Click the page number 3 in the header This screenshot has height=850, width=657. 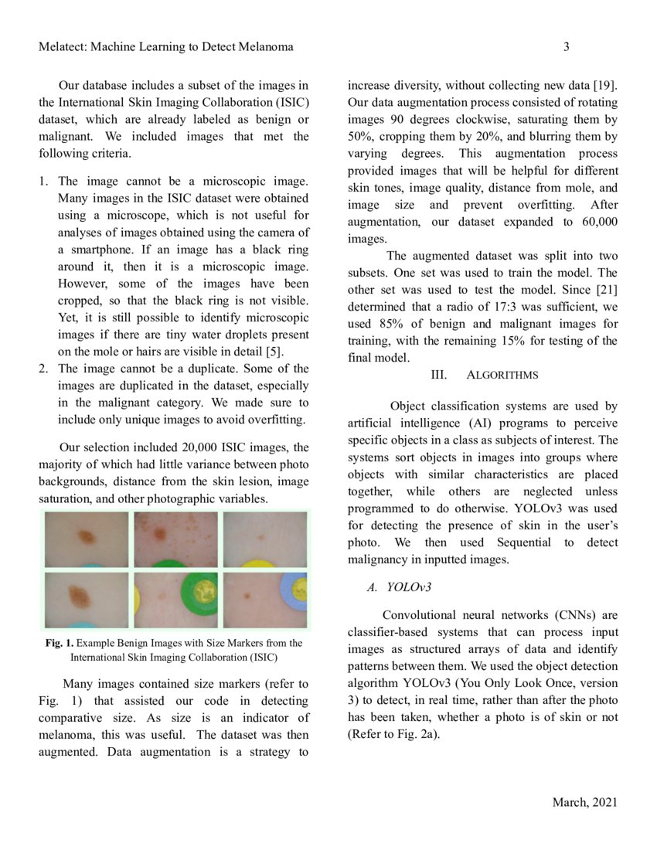[566, 47]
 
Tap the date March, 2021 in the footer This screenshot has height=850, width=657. [584, 803]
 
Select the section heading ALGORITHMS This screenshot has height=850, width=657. [502, 375]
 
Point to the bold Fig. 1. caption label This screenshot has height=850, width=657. [59, 643]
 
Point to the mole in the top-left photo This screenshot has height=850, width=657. [84, 535]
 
